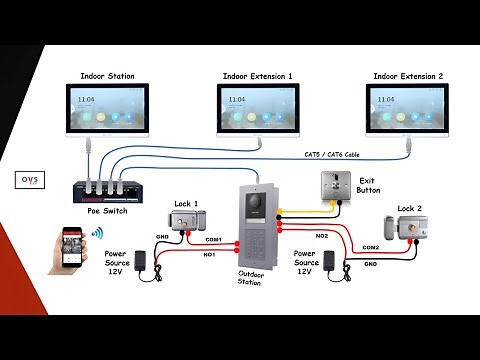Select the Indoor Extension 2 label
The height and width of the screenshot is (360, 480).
tap(408, 76)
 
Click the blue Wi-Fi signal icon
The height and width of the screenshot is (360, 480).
tap(98, 235)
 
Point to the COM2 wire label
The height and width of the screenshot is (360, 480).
tap(370, 246)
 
